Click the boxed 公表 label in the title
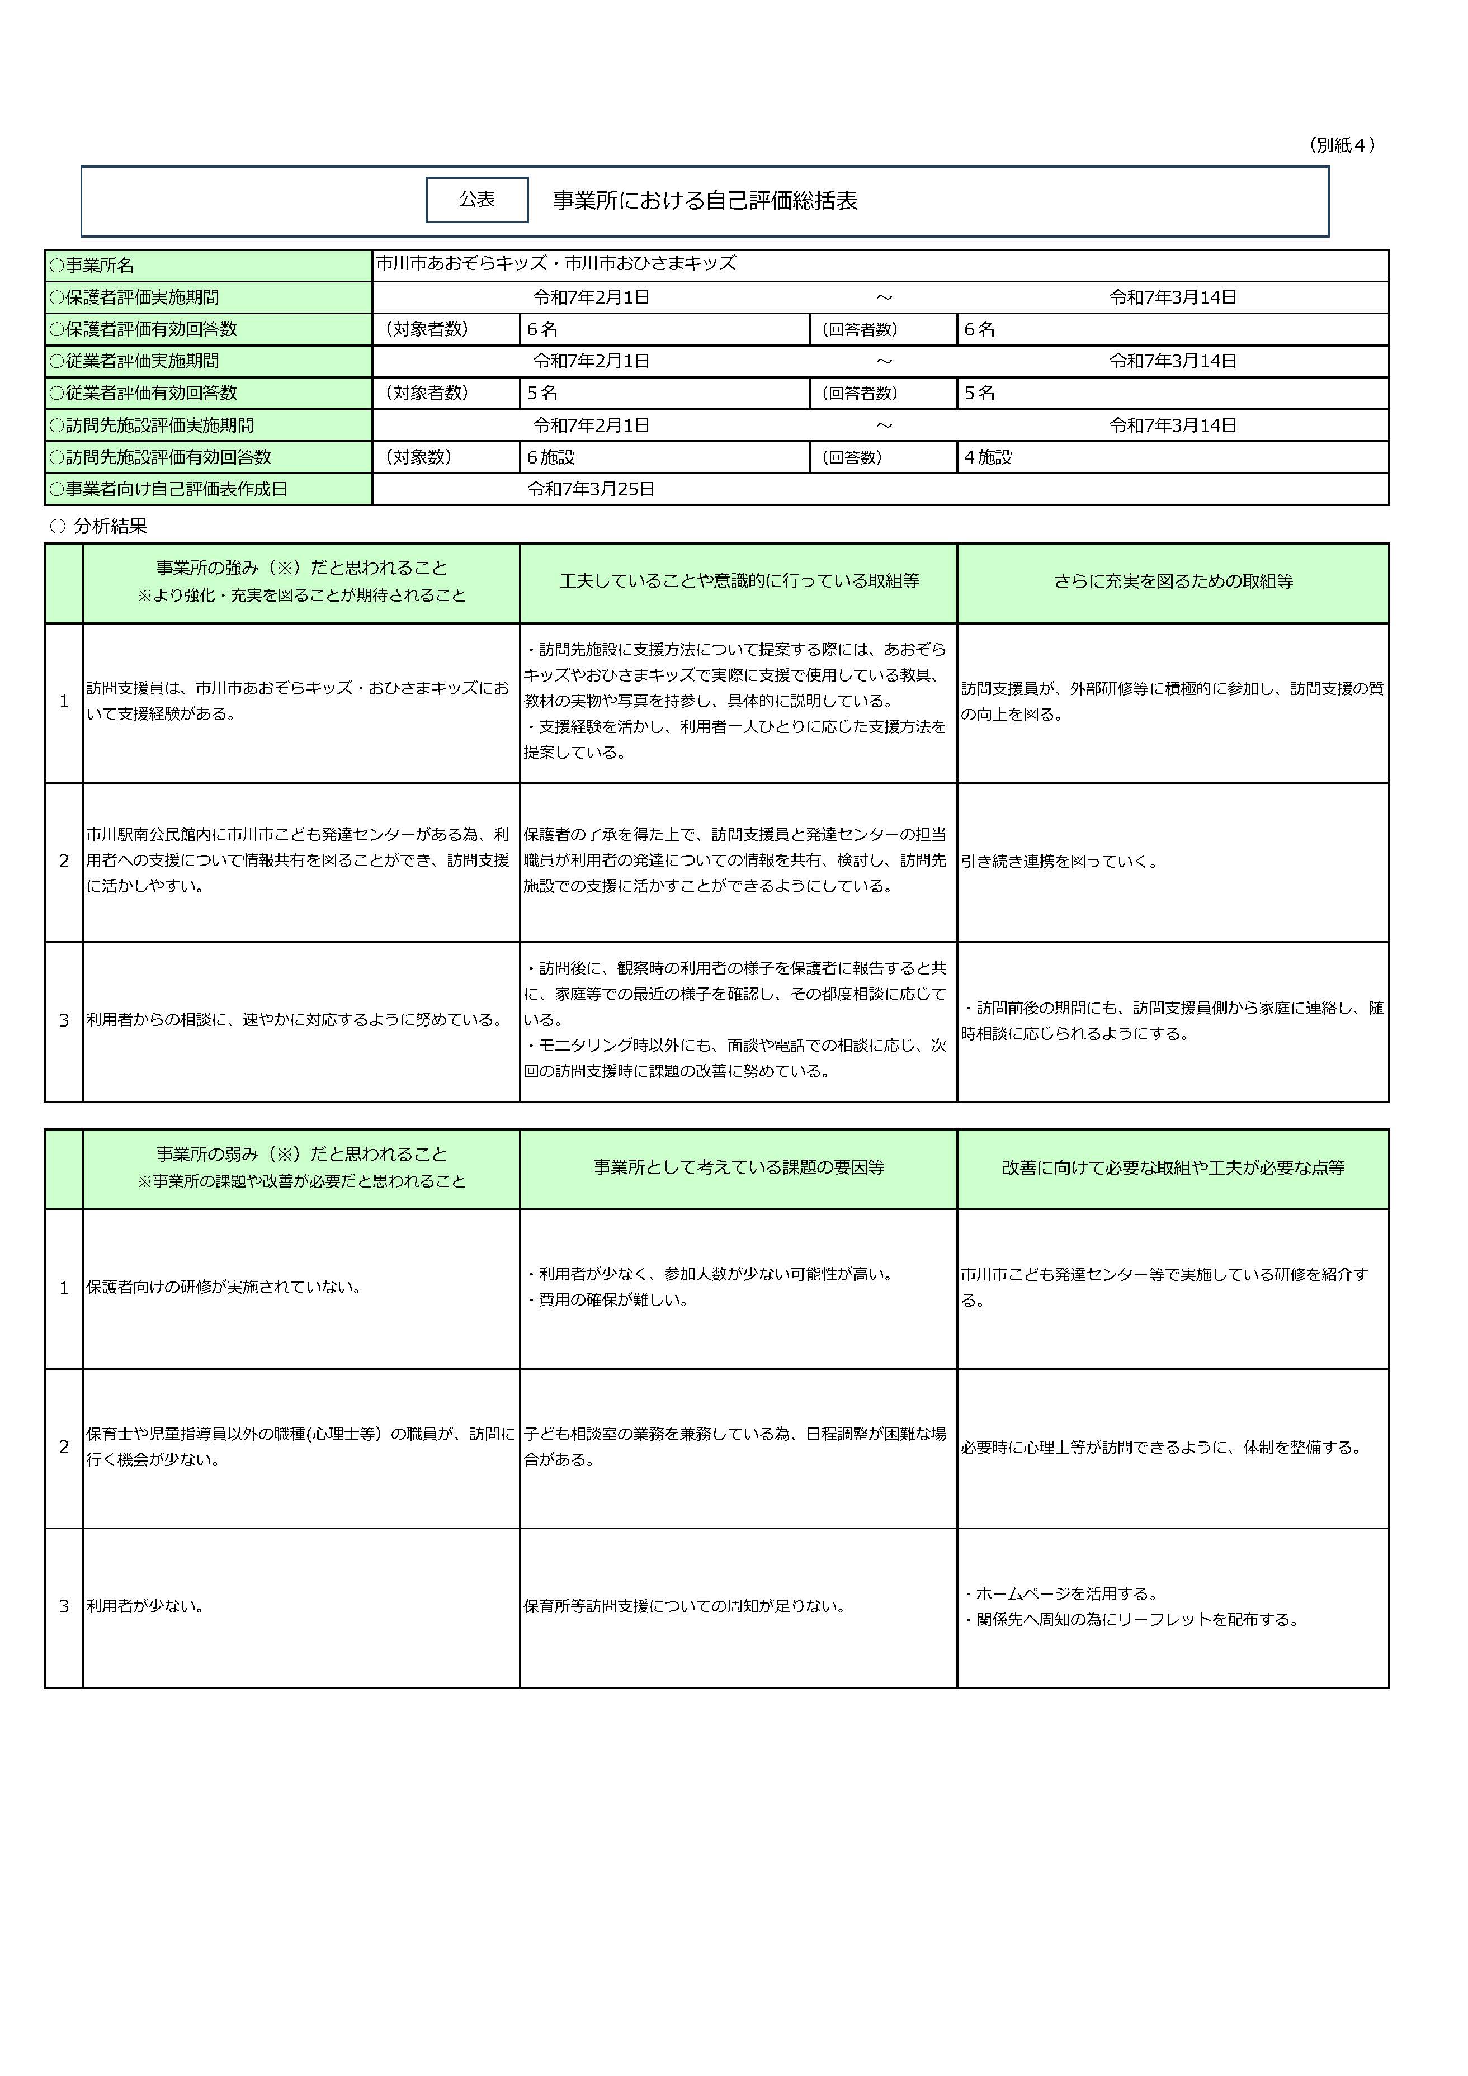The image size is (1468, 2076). click(x=476, y=200)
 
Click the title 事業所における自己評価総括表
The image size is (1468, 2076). click(x=705, y=201)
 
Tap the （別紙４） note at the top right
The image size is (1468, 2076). click(x=1342, y=145)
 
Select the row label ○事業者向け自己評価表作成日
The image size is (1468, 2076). click(x=168, y=489)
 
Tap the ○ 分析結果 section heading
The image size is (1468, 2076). click(x=100, y=526)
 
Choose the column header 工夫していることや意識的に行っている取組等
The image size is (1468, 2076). click(x=738, y=581)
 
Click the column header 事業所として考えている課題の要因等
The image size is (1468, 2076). click(x=738, y=1167)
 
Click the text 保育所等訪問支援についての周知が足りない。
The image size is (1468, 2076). click(x=685, y=1607)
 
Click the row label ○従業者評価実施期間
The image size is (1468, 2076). click(x=134, y=361)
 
